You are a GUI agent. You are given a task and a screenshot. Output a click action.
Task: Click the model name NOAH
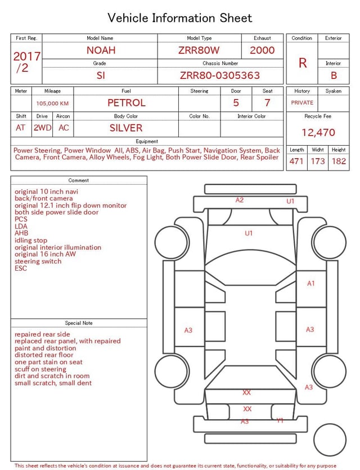point(101,50)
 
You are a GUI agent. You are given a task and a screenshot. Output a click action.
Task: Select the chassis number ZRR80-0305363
point(220,75)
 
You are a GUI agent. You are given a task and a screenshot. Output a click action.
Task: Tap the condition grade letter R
point(303,63)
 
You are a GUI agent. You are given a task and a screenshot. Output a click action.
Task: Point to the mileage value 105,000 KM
point(52,104)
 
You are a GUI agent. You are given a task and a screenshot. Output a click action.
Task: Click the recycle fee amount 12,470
point(318,132)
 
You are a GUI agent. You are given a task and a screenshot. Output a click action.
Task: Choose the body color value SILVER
point(126,128)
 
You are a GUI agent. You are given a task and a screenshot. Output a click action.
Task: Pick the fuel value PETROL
point(127,103)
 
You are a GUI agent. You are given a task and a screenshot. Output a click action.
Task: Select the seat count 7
point(267,103)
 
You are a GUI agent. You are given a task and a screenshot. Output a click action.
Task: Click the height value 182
point(339,161)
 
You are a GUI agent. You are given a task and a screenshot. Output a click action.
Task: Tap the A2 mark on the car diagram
point(239,200)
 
